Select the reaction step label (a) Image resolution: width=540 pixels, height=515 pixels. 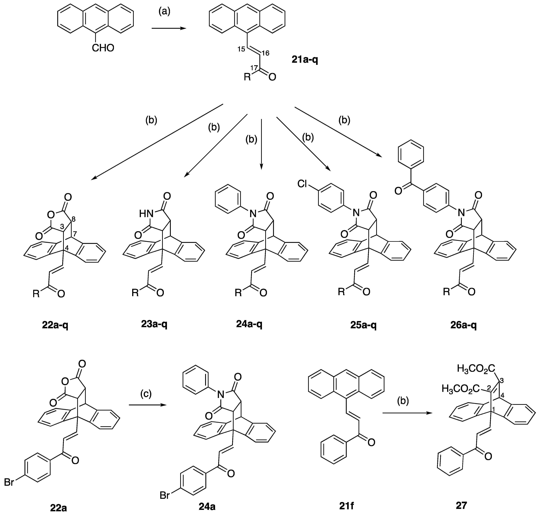point(164,12)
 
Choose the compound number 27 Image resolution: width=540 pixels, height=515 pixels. point(461,505)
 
